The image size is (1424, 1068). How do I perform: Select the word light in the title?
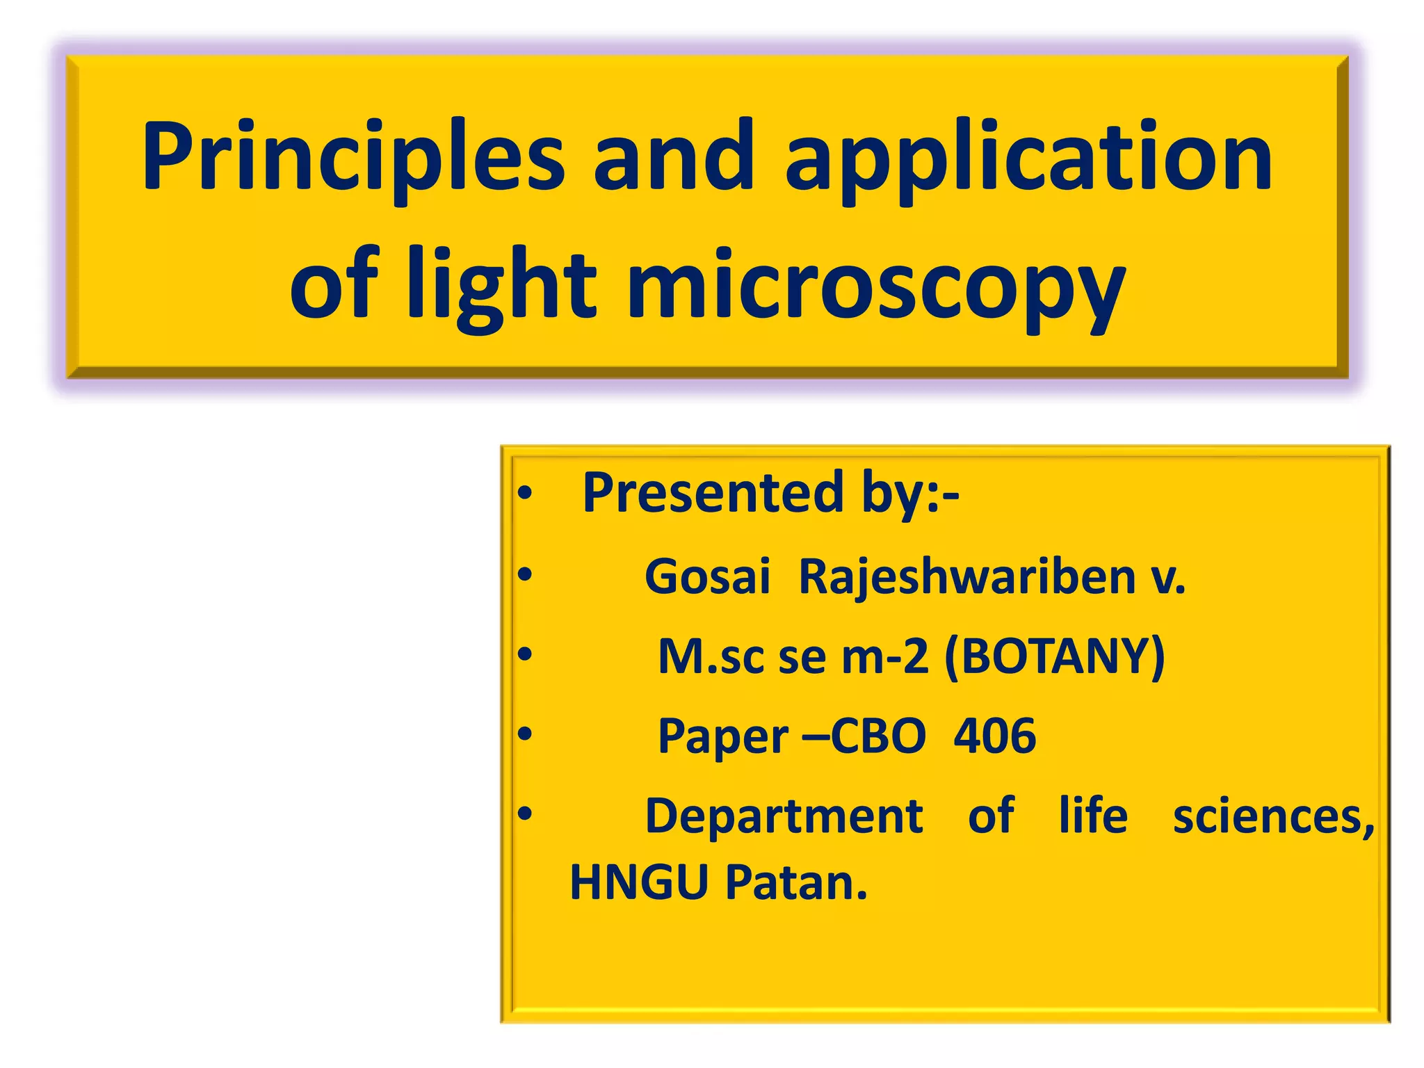[x=501, y=285]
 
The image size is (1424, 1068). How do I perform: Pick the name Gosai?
[x=707, y=576]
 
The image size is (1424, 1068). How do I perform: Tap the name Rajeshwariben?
[x=967, y=576]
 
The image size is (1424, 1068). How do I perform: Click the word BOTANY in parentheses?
[x=1054, y=656]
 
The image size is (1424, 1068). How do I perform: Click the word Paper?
[x=723, y=737]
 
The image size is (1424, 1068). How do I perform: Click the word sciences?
[x=1272, y=817]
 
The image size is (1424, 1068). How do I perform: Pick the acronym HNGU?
[x=638, y=882]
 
